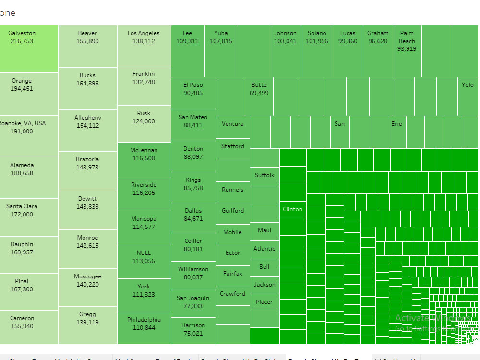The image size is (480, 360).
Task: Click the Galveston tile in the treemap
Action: coord(29,48)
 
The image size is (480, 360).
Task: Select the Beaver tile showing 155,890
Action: coord(87,46)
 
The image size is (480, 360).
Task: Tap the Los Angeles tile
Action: coord(144,46)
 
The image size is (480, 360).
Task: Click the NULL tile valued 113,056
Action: coord(144,262)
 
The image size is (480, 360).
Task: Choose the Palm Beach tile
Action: coord(407,50)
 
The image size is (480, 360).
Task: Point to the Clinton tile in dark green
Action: coord(292,209)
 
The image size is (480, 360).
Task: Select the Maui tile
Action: coord(264,231)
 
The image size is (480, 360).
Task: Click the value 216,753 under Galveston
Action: coord(22,41)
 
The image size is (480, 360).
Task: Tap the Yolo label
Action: coord(468,85)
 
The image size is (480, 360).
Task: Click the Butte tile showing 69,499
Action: coord(259,96)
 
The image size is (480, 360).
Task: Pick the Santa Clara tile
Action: coord(22,216)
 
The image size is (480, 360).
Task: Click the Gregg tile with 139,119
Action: coord(87,325)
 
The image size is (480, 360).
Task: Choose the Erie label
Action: coord(396,124)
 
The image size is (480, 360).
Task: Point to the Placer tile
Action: coord(264,302)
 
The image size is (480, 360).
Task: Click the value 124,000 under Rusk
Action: coord(144,121)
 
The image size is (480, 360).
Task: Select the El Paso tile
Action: coord(193,93)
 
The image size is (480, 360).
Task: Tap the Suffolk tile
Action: coord(264,176)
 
